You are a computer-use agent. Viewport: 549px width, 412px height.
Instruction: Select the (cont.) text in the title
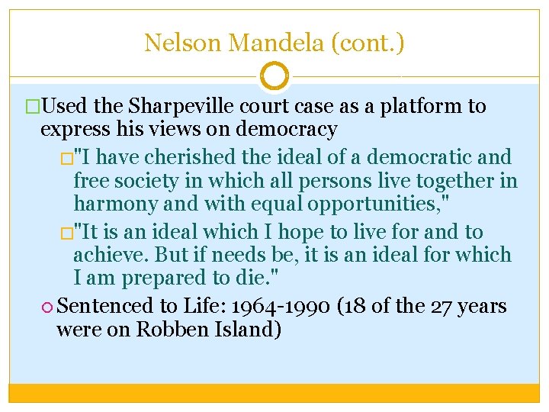pyautogui.click(x=366, y=43)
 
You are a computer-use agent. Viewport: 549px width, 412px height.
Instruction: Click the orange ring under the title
pyautogui.click(x=274, y=76)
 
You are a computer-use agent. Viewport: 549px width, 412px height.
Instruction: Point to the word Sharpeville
pyautogui.click(x=172, y=106)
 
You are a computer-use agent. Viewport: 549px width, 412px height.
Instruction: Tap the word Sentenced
pyautogui.click(x=105, y=306)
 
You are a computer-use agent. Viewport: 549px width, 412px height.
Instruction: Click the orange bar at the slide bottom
pyautogui.click(x=274, y=392)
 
